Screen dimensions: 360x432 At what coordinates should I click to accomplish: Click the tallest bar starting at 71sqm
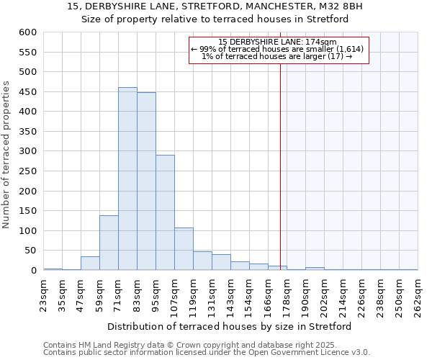coord(127,179)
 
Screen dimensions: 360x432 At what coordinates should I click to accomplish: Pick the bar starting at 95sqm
coord(165,212)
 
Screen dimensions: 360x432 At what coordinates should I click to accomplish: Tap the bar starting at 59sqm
coord(109,243)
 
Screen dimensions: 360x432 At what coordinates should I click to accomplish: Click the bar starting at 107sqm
coord(184,249)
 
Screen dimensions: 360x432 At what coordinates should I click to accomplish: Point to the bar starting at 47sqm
coord(90,264)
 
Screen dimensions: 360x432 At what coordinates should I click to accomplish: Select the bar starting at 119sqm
coord(202,261)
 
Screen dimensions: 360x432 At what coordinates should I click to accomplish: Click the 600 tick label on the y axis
coord(27,32)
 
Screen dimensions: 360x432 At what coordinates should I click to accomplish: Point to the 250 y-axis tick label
coord(27,171)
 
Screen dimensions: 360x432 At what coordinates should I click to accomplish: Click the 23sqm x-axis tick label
coord(43,294)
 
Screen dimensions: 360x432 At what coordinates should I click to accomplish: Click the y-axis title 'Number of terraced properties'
coord(7,155)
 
